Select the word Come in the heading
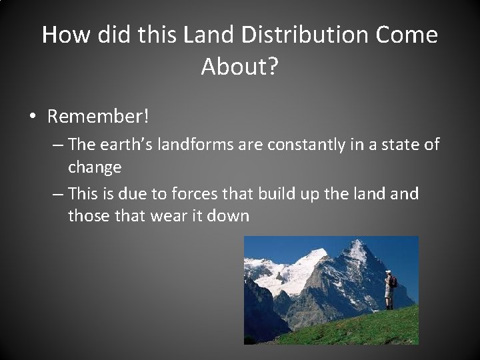click(x=408, y=35)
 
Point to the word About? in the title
click(x=239, y=66)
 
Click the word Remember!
click(x=99, y=117)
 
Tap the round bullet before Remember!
click(x=33, y=117)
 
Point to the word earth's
click(x=132, y=145)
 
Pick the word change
click(x=95, y=167)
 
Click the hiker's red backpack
click(x=393, y=282)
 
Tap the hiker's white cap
click(x=388, y=272)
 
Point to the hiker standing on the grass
click(x=389, y=290)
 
